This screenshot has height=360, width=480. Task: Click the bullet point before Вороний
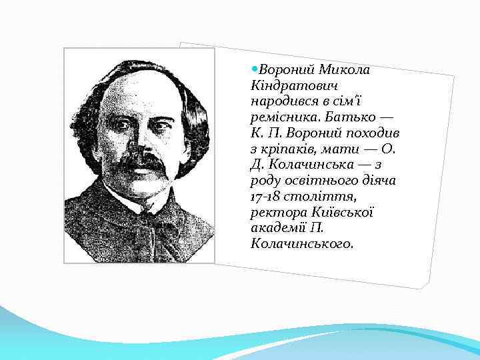click(255, 69)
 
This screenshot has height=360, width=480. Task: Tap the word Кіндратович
click(293, 86)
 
